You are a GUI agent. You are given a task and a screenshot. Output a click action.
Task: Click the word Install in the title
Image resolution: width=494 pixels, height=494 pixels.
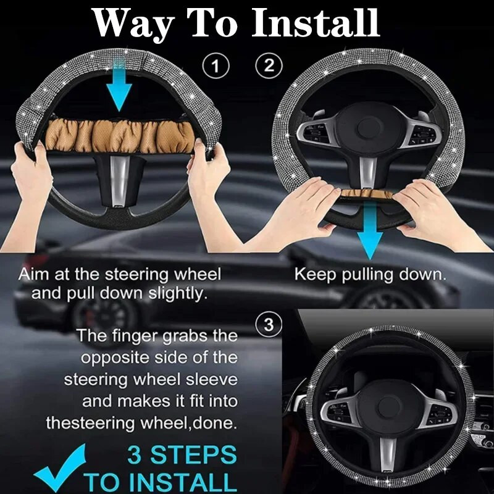pyautogui.click(x=316, y=23)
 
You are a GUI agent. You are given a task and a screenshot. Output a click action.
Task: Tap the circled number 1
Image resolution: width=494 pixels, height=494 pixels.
pyautogui.click(x=216, y=66)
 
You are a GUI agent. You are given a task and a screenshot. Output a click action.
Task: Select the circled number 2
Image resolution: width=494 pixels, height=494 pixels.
pyautogui.click(x=269, y=65)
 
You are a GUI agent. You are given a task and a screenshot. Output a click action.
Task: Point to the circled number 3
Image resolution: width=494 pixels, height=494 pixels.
pyautogui.click(x=269, y=325)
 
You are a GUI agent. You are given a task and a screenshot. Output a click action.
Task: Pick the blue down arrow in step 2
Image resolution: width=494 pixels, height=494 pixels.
pyautogui.click(x=370, y=230)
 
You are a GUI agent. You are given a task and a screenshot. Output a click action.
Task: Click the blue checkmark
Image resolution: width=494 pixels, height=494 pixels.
pyautogui.click(x=60, y=468)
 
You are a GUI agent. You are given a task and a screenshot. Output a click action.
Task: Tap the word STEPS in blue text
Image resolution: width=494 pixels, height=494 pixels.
pyautogui.click(x=193, y=455)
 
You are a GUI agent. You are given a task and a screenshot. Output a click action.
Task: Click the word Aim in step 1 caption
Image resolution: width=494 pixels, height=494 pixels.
pyautogui.click(x=34, y=274)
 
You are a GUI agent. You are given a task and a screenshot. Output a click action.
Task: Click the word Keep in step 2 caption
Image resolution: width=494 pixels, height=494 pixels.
pyautogui.click(x=316, y=275)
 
